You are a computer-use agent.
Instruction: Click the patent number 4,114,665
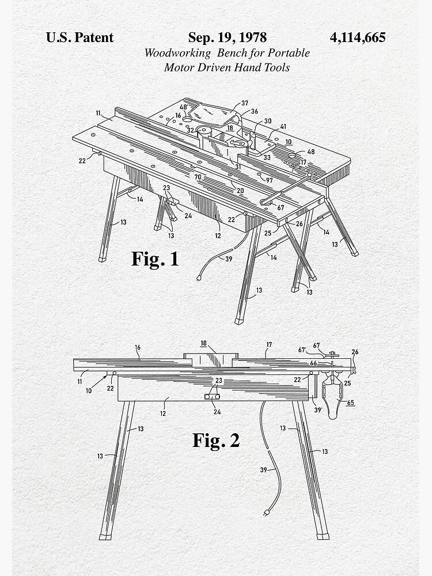pyautogui.click(x=357, y=38)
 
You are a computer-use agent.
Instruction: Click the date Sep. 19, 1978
pyautogui.click(x=227, y=38)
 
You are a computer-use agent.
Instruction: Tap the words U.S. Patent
pyautogui.click(x=79, y=38)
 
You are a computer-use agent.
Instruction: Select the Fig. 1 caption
pyautogui.click(x=155, y=259)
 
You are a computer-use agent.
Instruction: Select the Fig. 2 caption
pyautogui.click(x=216, y=441)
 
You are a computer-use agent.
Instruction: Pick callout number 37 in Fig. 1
pyautogui.click(x=245, y=103)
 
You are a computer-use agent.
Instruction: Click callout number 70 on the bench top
pyautogui.click(x=198, y=177)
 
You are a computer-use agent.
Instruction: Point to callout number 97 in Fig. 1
pyautogui.click(x=269, y=180)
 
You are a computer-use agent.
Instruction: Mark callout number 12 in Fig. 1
pyautogui.click(x=218, y=236)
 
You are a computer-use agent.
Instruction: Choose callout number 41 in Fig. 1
pyautogui.click(x=283, y=126)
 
